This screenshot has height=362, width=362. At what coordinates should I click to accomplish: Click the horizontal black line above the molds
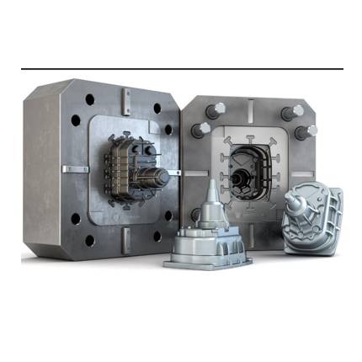coord(181,68)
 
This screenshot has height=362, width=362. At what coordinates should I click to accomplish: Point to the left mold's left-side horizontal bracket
coord(75,169)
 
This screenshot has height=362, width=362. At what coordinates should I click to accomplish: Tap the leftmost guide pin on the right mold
coord(202,130)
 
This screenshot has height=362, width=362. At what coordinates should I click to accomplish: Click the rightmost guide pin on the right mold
coord(309,131)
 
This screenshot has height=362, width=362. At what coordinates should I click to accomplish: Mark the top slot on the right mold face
coord(251,110)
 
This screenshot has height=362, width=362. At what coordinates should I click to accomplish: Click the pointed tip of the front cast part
coord(210,183)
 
